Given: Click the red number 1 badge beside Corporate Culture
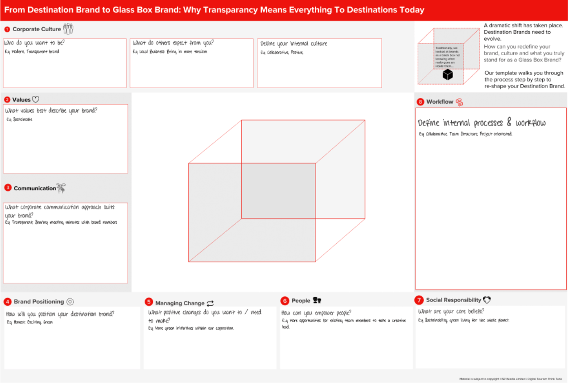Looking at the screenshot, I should [7, 29].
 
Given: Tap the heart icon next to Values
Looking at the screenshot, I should [36, 99].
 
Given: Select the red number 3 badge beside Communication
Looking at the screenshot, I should [8, 188].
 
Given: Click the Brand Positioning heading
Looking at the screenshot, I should [39, 302].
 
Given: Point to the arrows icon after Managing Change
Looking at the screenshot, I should [210, 303].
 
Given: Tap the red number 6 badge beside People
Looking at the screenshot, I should [285, 301].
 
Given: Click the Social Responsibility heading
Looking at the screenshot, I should [454, 300].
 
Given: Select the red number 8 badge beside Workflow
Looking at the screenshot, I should [420, 102].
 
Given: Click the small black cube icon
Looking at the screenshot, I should [448, 75].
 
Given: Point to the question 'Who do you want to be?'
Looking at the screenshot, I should [34, 43].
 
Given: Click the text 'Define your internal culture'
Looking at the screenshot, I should [294, 44].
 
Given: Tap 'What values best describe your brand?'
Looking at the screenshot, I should [51, 110].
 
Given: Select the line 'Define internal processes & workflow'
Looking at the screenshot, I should [482, 123].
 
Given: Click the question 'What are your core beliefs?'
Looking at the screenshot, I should [451, 311].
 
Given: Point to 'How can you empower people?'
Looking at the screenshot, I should [316, 313].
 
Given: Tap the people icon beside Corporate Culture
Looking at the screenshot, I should [68, 29].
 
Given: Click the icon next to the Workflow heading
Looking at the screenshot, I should [459, 102].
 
